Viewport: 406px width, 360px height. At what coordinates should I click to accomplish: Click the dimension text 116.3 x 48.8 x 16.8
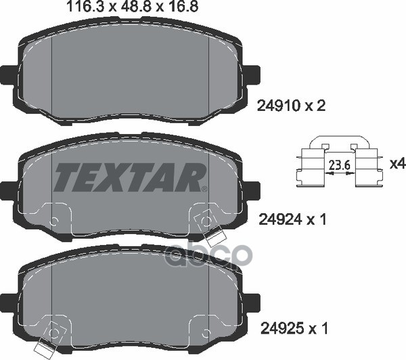(133, 6)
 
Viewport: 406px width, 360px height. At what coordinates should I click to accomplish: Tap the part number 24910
(278, 106)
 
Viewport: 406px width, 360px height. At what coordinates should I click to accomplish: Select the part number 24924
(280, 220)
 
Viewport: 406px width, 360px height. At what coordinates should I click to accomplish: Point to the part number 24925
(281, 329)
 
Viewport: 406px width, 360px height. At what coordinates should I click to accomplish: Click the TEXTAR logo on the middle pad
(129, 177)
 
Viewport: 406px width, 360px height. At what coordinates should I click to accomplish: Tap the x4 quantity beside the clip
(397, 164)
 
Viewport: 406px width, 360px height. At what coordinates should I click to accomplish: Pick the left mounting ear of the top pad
(7, 75)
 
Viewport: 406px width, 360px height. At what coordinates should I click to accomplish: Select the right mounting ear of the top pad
(252, 75)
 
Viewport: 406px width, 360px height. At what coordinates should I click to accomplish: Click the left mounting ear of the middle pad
(7, 191)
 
